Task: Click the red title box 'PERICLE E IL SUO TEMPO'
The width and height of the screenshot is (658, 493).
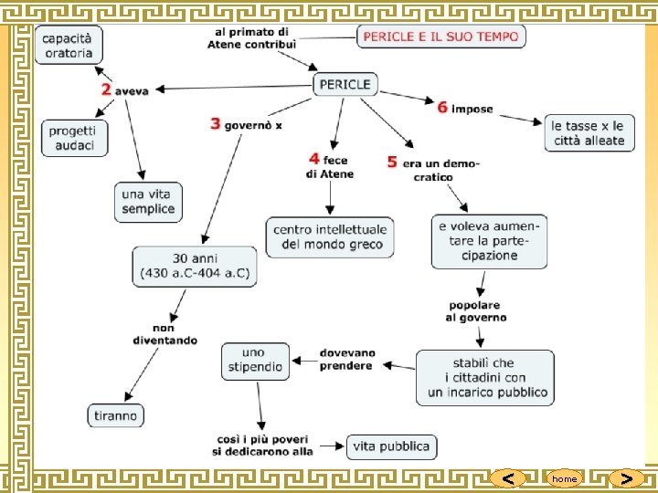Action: (440, 37)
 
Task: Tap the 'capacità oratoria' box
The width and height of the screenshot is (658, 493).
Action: (69, 45)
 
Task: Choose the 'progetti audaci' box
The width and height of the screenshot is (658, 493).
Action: (72, 138)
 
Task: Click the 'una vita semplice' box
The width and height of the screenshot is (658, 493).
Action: (148, 202)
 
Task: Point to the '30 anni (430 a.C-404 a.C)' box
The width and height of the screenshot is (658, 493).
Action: (195, 265)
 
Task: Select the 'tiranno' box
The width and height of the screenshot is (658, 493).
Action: (115, 415)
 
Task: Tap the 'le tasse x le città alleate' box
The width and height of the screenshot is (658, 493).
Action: (588, 133)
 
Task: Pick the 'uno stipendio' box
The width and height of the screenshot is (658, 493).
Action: (254, 360)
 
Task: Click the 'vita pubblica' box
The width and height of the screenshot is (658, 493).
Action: (392, 446)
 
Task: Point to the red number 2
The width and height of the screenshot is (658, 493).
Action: (107, 89)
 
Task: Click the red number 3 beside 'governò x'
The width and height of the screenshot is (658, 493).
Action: (216, 123)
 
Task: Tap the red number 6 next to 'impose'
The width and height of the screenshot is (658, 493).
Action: (442, 108)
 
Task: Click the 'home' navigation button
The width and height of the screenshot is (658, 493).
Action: (564, 478)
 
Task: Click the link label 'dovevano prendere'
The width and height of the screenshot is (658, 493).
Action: (346, 360)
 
